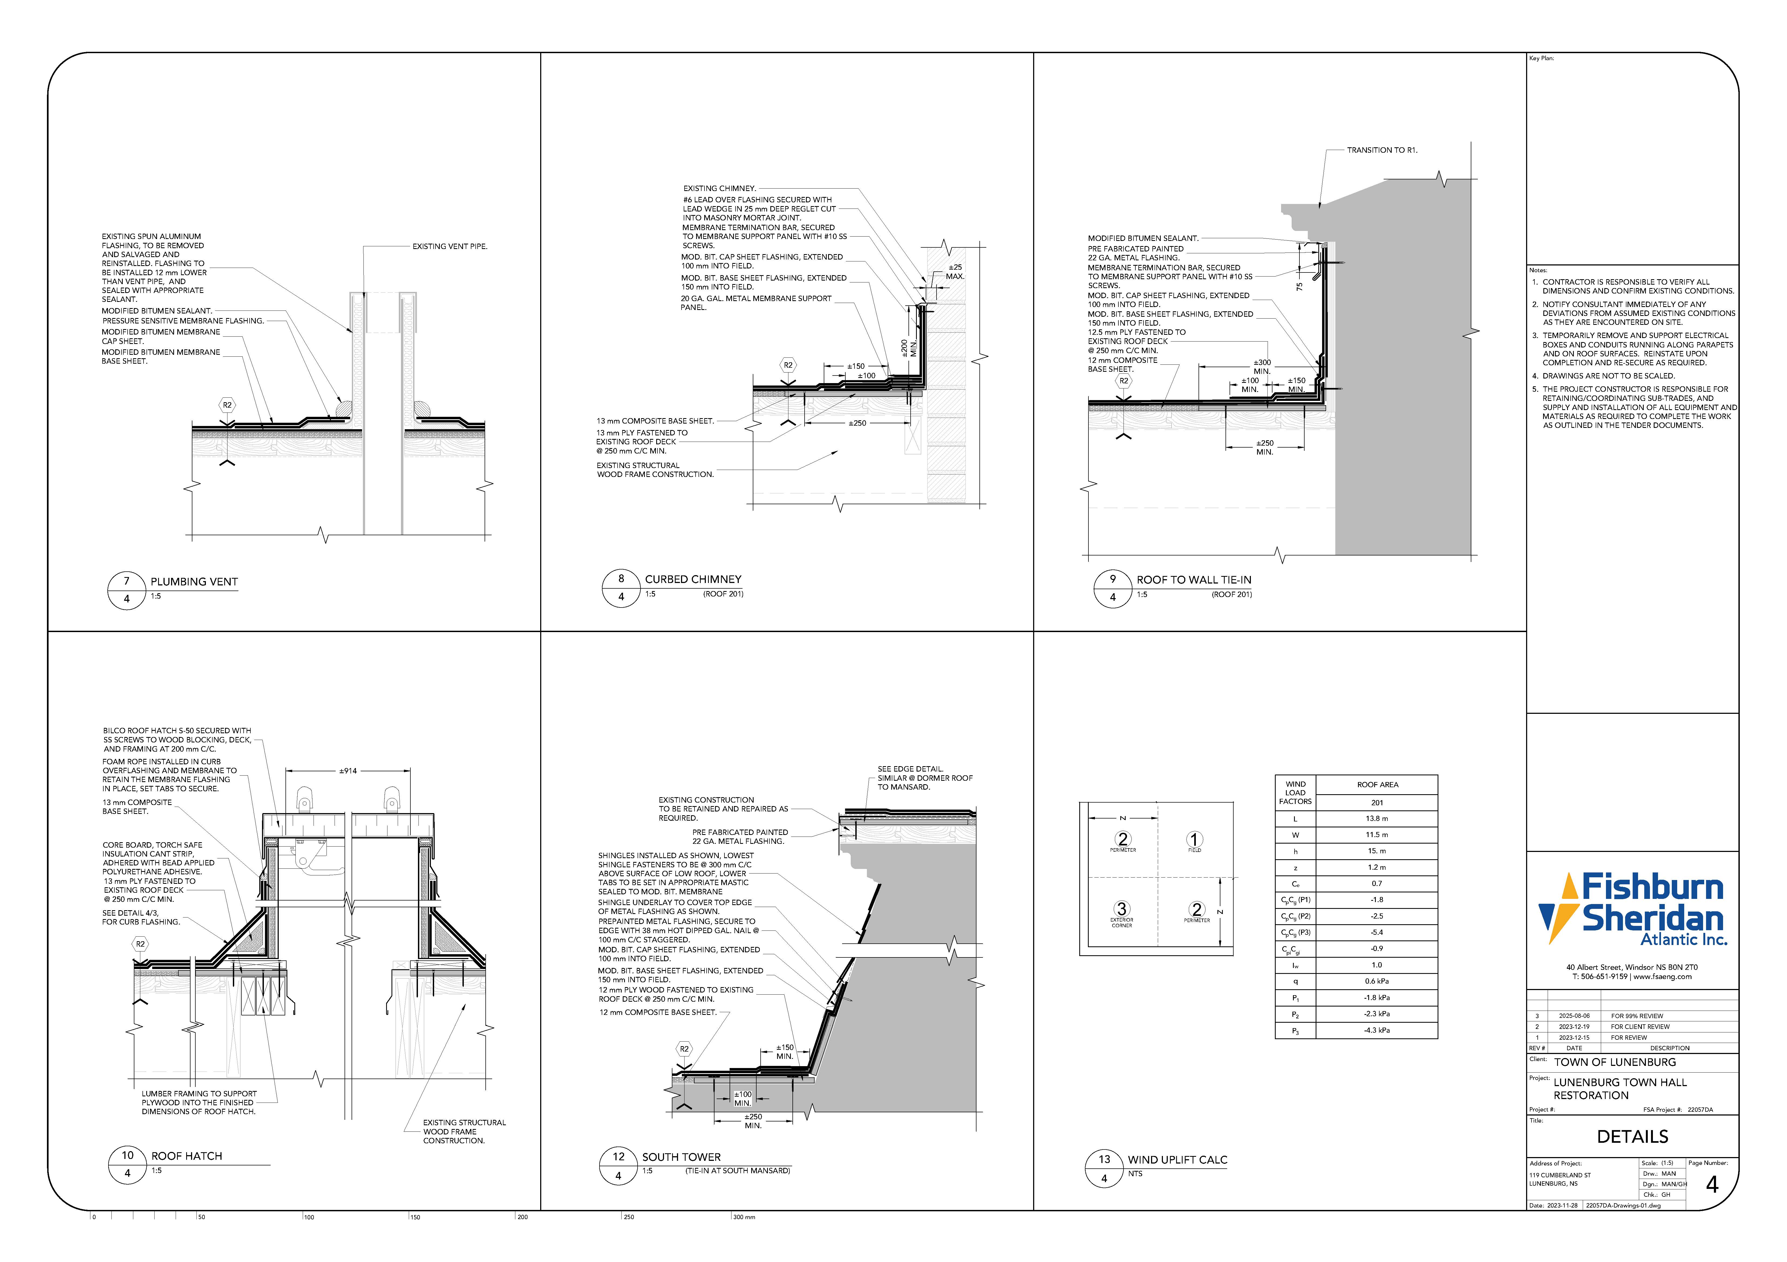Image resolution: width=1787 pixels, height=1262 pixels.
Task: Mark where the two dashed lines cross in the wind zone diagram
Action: click(1157, 877)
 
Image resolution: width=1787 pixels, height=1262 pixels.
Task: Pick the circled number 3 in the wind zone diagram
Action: click(1122, 909)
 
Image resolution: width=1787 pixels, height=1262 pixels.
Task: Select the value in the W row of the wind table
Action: click(1377, 835)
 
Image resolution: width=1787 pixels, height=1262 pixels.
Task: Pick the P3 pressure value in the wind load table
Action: click(1377, 1030)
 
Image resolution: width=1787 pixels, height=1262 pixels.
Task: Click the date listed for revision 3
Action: click(1574, 1016)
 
